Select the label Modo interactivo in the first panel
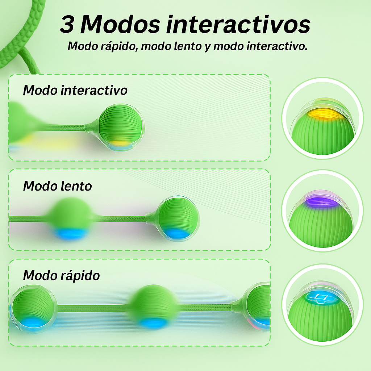click(75, 90)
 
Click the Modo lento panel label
click(57, 186)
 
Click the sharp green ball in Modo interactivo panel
click(121, 125)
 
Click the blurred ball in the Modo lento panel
click(71, 217)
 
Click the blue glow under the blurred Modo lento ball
click(71, 234)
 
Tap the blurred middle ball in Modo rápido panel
click(154, 306)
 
